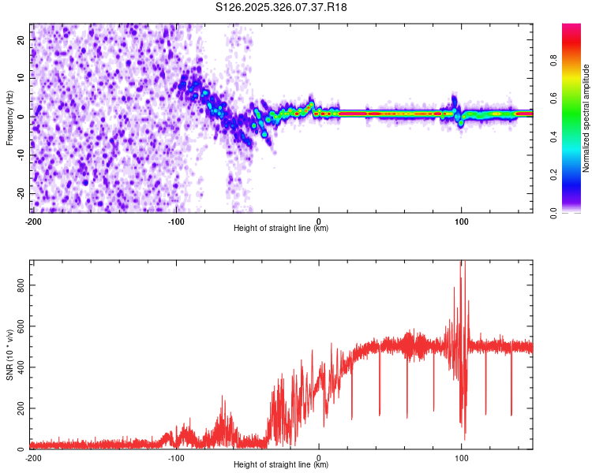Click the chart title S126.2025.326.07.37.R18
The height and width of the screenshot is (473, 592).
point(282,7)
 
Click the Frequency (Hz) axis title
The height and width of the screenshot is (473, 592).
point(10,117)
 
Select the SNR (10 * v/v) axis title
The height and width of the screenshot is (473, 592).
point(10,355)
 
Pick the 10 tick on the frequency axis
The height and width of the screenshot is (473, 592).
point(21,78)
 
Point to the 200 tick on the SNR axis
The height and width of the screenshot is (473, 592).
point(21,408)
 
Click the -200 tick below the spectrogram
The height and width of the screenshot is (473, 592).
point(32,220)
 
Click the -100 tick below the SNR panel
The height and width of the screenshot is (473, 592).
point(176,457)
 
